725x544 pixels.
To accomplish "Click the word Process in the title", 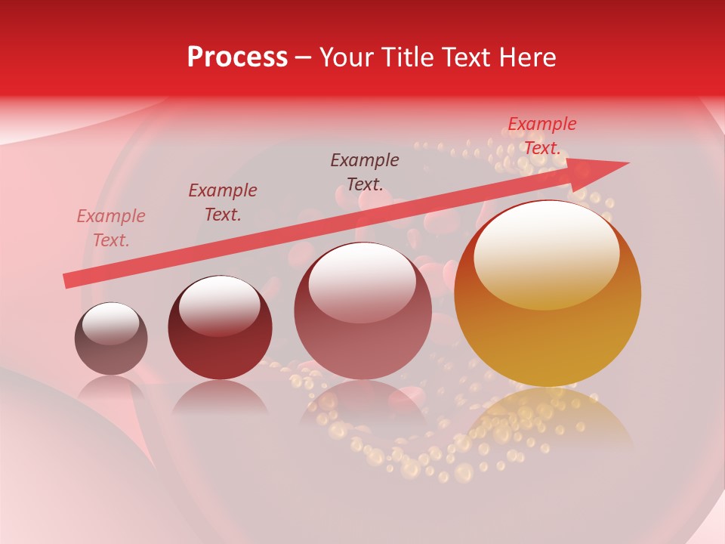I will pos(237,57).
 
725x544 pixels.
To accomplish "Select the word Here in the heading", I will pos(528,57).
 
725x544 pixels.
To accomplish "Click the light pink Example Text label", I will pos(111,228).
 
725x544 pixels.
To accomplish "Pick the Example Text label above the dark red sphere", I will pos(223,202).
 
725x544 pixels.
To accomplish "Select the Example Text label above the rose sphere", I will pos(365,172).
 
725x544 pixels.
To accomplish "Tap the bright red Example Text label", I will pos(542,136).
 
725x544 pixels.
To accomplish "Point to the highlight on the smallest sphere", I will pos(110,323).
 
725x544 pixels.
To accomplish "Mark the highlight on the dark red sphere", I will pos(219,305).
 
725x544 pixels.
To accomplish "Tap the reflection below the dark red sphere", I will pos(220,396).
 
